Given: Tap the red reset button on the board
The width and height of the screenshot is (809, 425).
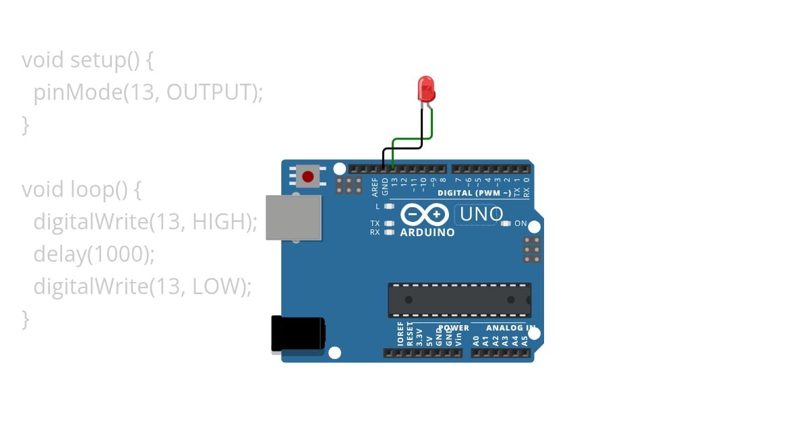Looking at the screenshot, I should [308, 177].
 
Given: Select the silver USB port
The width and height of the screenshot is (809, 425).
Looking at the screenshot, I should [293, 217].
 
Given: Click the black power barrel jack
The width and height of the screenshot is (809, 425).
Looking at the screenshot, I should [297, 334].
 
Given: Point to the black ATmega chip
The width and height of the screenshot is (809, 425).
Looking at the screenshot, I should [459, 300].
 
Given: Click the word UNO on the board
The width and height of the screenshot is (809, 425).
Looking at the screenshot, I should [481, 215].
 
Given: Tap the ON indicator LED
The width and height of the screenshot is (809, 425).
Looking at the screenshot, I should [506, 223].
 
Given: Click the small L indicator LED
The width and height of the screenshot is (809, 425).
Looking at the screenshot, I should [388, 206].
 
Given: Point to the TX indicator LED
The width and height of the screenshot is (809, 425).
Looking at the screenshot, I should [388, 223].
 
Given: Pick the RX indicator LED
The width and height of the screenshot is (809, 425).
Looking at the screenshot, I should [388, 232].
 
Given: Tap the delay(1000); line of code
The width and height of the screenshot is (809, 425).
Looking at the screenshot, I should [94, 254].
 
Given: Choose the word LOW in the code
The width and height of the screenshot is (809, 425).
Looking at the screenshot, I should [215, 287].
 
